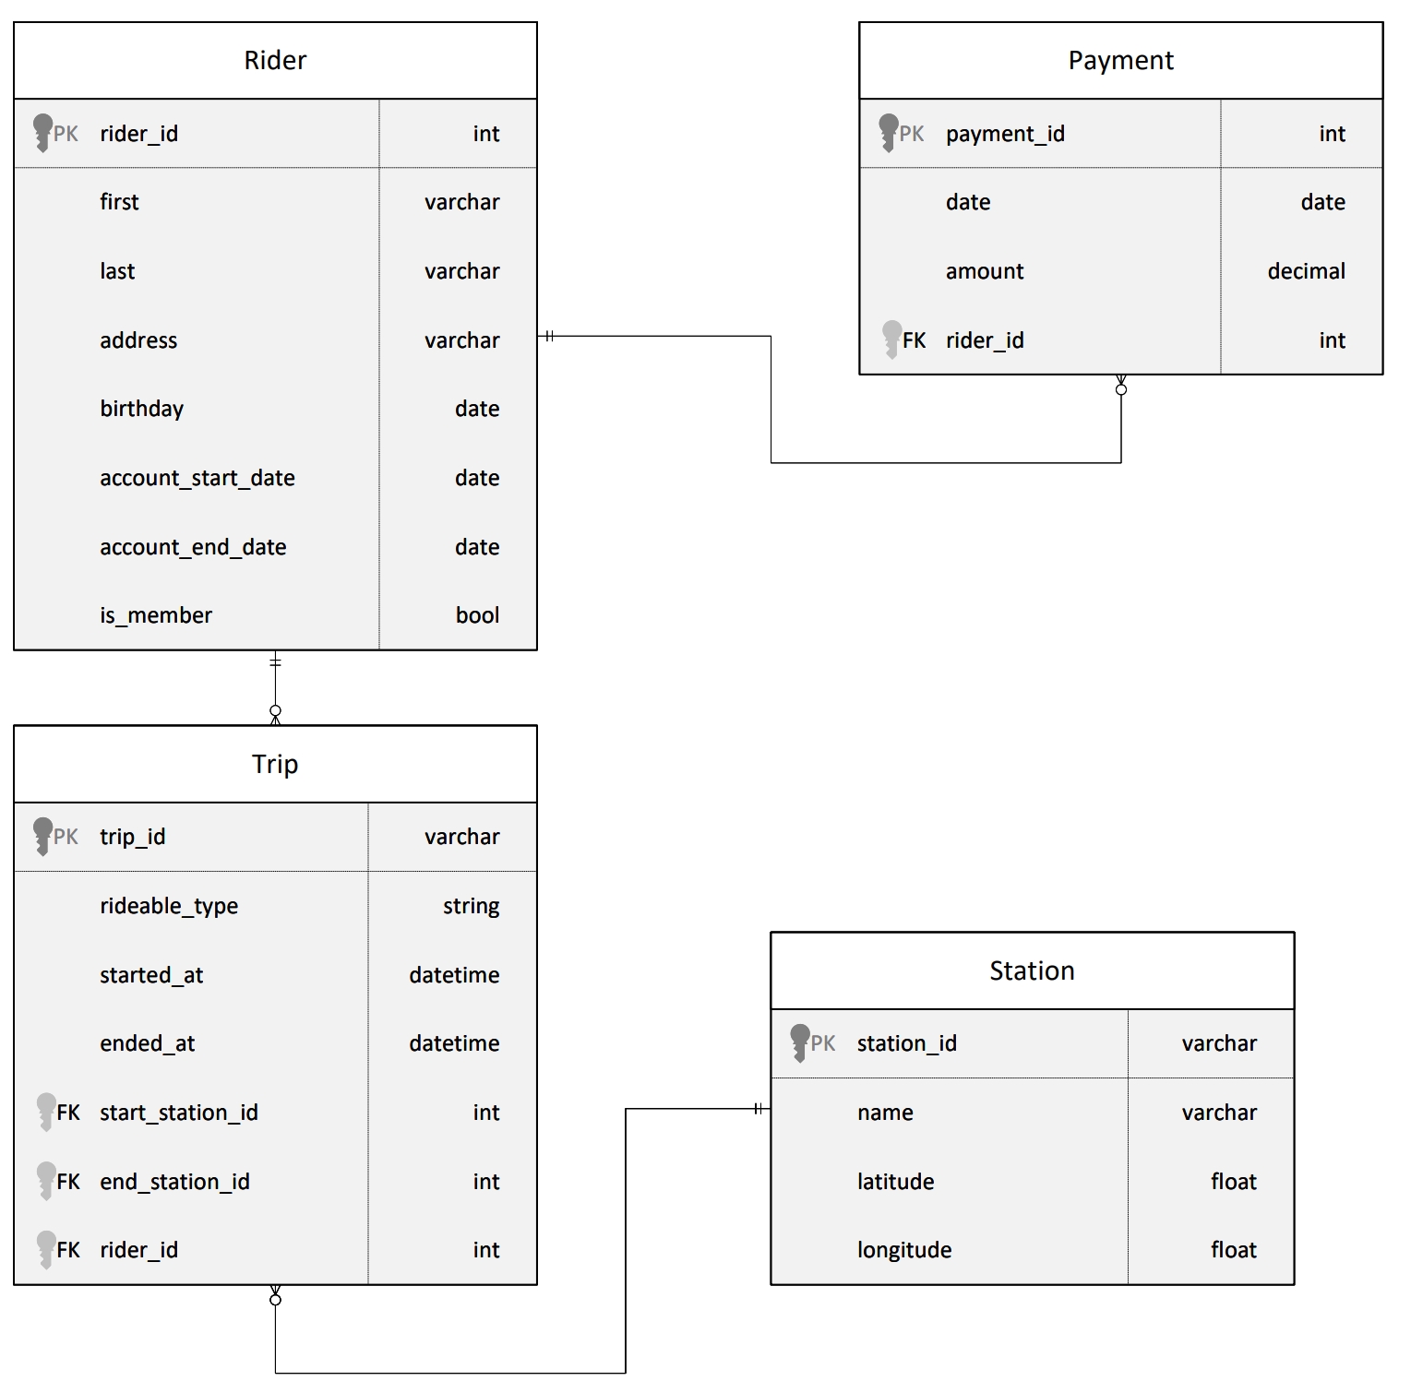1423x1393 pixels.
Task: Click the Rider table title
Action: click(275, 61)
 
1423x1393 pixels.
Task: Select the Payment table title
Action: click(1120, 61)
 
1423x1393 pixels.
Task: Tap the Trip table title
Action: click(275, 764)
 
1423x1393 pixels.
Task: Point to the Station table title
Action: click(1032, 970)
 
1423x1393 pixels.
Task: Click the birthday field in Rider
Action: click(142, 409)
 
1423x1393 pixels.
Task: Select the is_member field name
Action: click(156, 615)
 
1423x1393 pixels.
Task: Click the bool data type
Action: click(477, 615)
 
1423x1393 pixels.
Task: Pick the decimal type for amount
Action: click(1306, 271)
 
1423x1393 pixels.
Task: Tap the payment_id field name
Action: click(1005, 134)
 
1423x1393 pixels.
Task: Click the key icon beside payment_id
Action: click(888, 132)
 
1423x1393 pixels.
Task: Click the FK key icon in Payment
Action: click(891, 339)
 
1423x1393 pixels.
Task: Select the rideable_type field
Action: click(169, 906)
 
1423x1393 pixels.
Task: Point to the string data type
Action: click(471, 906)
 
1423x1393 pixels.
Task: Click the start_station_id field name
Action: click(179, 1113)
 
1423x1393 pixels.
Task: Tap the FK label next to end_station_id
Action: click(68, 1182)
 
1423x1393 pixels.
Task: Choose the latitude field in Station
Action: click(895, 1182)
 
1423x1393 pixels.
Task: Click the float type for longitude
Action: click(1234, 1250)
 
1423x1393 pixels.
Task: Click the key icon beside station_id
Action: click(799, 1042)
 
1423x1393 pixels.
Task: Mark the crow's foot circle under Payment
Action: click(1121, 390)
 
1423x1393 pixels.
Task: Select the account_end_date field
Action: click(193, 547)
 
